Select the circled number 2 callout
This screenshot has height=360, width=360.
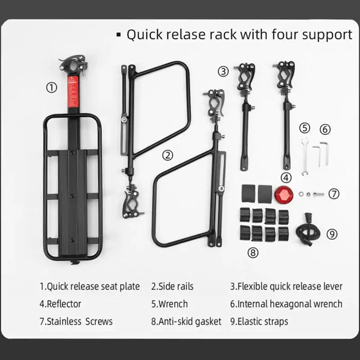[167, 155]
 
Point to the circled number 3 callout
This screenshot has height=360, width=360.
[222, 71]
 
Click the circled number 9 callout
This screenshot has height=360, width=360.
[333, 234]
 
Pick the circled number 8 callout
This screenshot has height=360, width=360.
[253, 252]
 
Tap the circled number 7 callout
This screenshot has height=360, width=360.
[334, 194]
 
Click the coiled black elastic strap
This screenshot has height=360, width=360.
[307, 228]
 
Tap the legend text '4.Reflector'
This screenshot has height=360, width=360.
[60, 304]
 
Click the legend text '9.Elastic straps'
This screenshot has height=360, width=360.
[259, 321]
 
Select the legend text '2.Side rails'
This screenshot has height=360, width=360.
[172, 286]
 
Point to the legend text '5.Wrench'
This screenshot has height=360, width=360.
[169, 304]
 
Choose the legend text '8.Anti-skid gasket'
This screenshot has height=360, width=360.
[186, 321]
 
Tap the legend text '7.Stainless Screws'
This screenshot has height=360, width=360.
[76, 321]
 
